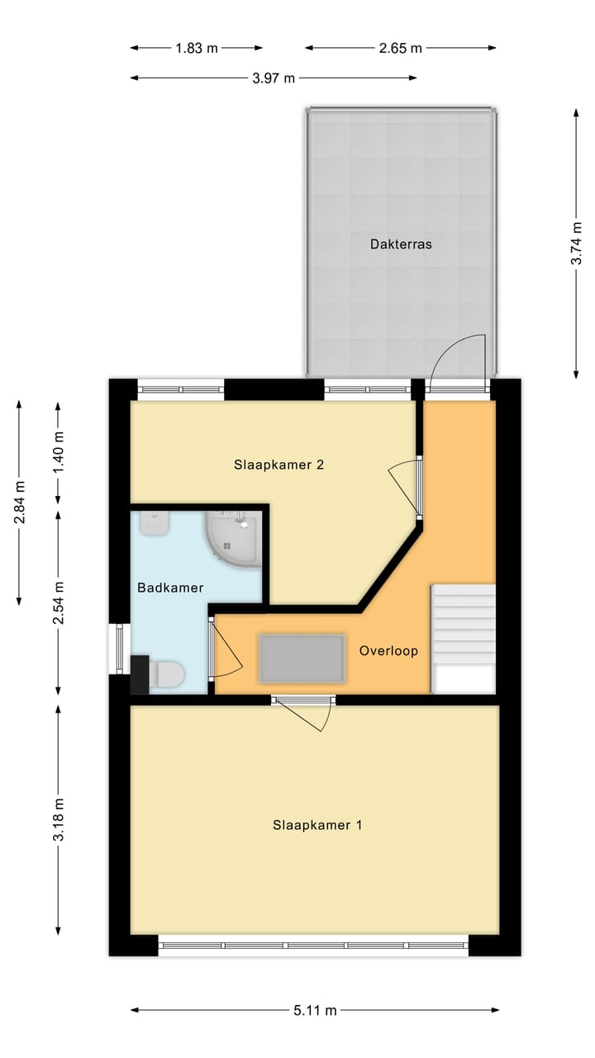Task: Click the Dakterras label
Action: coord(401,244)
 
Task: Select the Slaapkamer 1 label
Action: coord(317,825)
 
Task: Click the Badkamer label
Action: coord(170,588)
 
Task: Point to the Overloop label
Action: coord(388,651)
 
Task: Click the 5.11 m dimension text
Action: coord(315,1010)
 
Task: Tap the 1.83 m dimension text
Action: coord(197,48)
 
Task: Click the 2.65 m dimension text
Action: coord(401,48)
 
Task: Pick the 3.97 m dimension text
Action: coord(274,79)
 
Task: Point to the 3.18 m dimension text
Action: coord(58,819)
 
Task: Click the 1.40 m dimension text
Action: coord(58,452)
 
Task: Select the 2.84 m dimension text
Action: coord(19,502)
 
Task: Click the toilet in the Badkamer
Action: coord(166,674)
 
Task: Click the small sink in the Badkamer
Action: coord(154,522)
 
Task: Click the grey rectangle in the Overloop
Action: coord(302,658)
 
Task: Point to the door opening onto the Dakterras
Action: coord(459,364)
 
